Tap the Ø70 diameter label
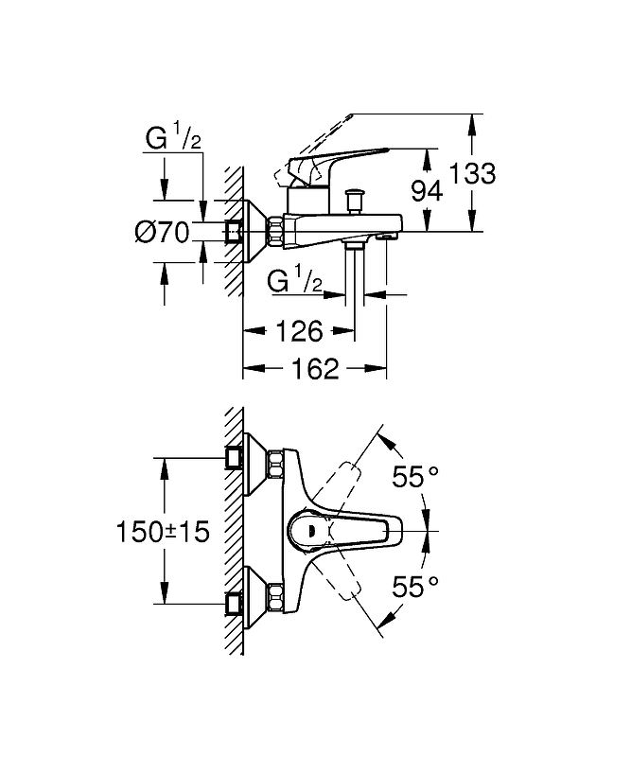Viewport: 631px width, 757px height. [x=163, y=231]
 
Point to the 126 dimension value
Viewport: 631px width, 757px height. [x=298, y=331]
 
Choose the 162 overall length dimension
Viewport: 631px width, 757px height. [x=315, y=368]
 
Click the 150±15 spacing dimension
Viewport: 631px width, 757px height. [x=162, y=532]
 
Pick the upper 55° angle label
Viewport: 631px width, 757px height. [x=416, y=478]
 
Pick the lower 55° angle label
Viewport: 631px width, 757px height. [x=416, y=587]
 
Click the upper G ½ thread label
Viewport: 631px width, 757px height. [x=173, y=139]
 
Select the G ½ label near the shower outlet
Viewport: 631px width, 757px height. [x=296, y=280]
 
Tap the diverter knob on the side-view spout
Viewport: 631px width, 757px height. [x=356, y=202]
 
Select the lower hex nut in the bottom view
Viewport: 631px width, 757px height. [x=276, y=598]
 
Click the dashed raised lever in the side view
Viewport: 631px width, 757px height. [x=317, y=142]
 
